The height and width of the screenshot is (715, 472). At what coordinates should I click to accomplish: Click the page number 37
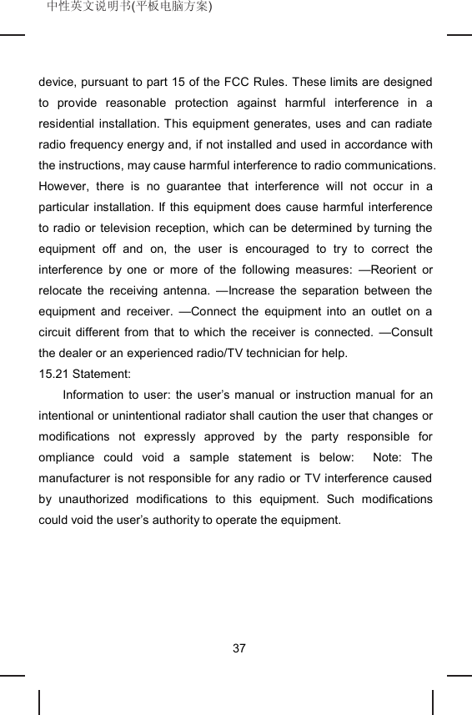239,648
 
